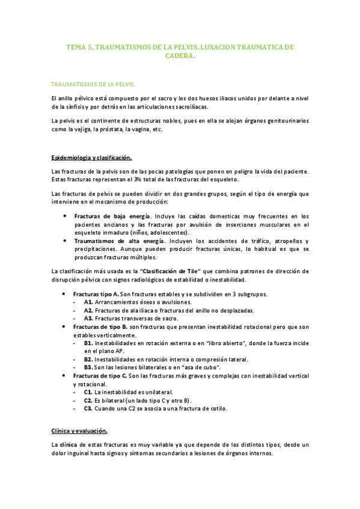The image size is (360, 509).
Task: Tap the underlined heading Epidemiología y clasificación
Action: click(x=91, y=157)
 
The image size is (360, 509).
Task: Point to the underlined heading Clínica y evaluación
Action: click(x=80, y=431)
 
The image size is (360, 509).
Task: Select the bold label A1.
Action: click(x=88, y=302)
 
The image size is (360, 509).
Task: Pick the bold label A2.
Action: click(x=88, y=310)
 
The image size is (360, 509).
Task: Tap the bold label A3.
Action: click(x=88, y=318)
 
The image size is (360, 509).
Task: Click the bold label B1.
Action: click(x=88, y=343)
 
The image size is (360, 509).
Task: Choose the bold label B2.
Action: click(x=88, y=359)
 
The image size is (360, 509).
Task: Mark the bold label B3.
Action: click(x=88, y=367)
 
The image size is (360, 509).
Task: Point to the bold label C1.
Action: click(x=88, y=391)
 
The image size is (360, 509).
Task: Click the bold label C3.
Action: click(x=88, y=408)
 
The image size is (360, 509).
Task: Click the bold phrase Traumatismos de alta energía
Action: click(x=111, y=240)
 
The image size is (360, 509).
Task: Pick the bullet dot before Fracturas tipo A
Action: click(x=64, y=294)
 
